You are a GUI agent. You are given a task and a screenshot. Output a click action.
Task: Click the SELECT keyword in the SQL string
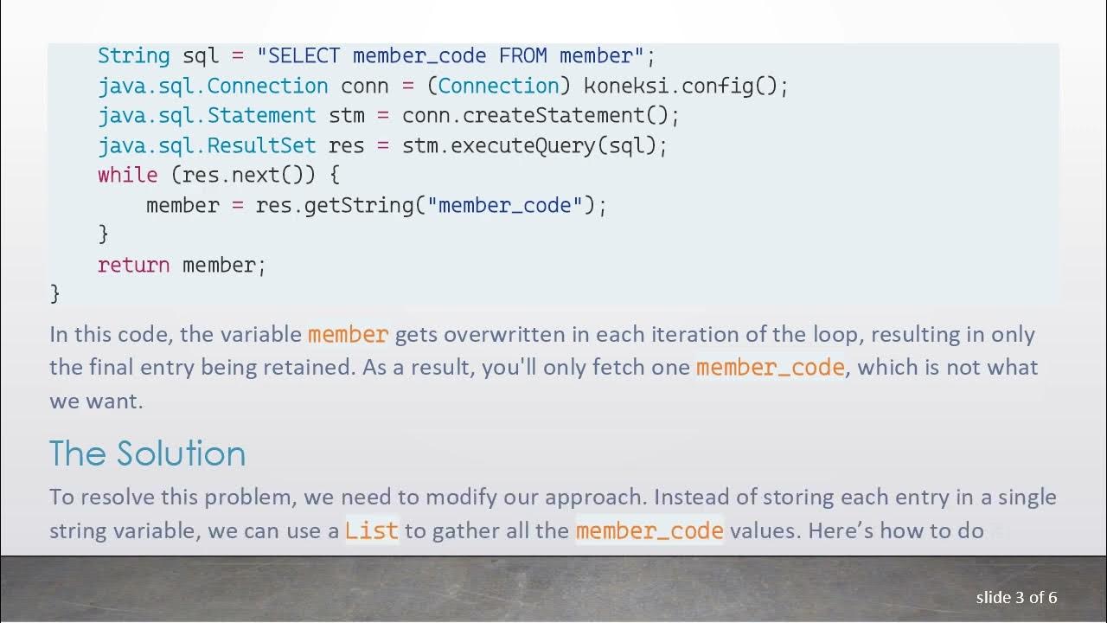click(x=304, y=56)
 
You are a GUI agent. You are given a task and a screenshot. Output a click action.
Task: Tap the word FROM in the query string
click(x=522, y=56)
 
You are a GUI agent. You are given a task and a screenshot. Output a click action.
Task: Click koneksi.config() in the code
click(x=686, y=86)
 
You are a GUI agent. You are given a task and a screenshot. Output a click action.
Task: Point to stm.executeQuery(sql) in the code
click(x=534, y=145)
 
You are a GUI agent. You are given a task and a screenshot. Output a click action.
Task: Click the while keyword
click(x=128, y=175)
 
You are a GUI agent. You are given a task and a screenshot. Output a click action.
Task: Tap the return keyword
click(x=133, y=265)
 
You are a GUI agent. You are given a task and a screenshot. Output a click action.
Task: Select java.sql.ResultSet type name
click(x=207, y=145)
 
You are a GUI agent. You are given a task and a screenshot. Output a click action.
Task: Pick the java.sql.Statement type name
click(x=207, y=115)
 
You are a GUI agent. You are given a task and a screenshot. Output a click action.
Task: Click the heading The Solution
click(x=147, y=453)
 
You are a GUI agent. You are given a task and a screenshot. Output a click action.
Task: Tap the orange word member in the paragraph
click(x=348, y=335)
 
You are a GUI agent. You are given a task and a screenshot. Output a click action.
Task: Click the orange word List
click(x=371, y=530)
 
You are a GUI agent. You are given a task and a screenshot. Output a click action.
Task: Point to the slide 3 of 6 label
click(x=1016, y=598)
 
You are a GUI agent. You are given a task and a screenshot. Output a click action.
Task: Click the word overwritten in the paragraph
click(x=493, y=335)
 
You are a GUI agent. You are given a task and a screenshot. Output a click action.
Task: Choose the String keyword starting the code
click(x=133, y=56)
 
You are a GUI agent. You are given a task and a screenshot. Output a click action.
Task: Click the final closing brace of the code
click(x=55, y=293)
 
